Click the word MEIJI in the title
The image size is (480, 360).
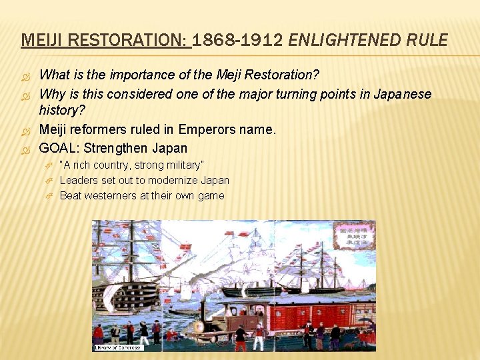click(37, 41)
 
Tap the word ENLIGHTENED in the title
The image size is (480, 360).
click(339, 41)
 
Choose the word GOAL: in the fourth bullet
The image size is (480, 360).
click(59, 147)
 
